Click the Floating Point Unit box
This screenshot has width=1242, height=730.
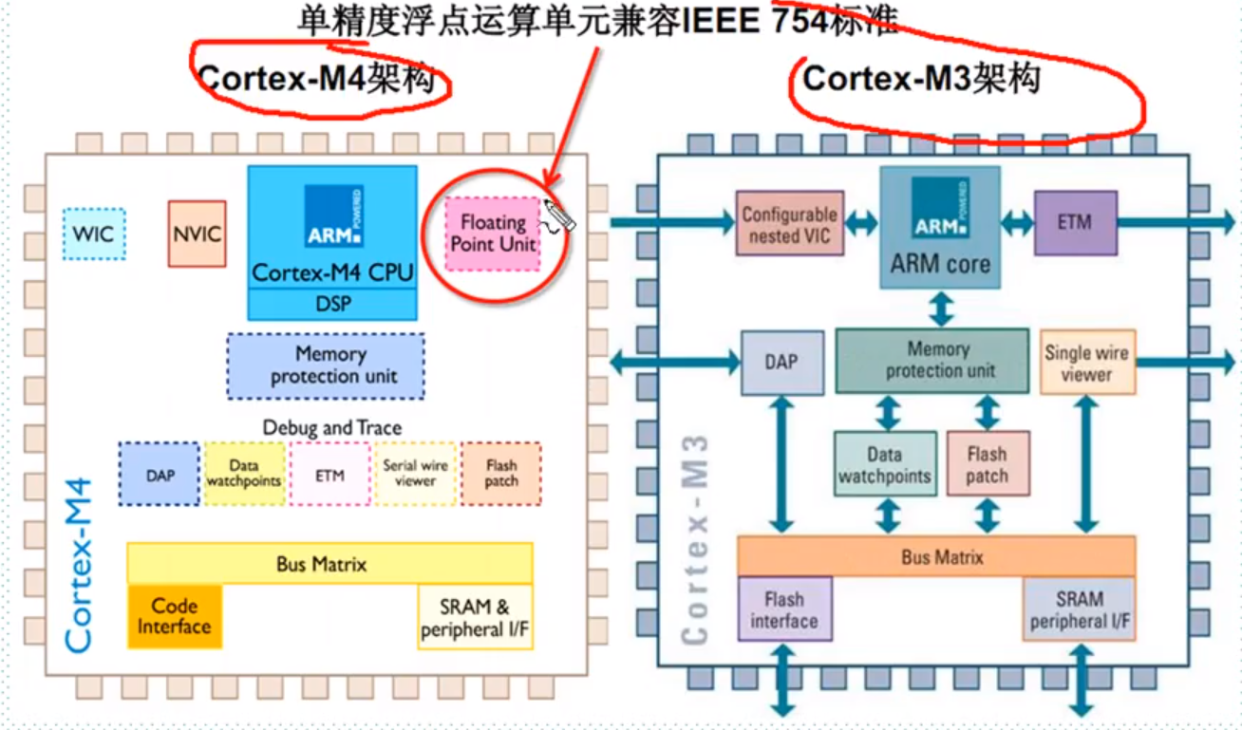[x=493, y=234]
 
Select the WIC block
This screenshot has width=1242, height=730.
[x=94, y=234]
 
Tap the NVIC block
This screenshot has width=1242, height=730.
[x=198, y=234]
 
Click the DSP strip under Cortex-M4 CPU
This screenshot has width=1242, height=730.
[x=332, y=304]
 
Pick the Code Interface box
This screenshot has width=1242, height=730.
[x=175, y=617]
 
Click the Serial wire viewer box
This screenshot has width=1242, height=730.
[x=416, y=473]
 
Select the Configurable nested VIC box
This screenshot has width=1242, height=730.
[x=789, y=224]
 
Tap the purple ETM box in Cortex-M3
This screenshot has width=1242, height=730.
[x=1075, y=223]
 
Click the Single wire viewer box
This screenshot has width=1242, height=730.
[x=1087, y=363]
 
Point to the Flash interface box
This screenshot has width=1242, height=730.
[x=784, y=609]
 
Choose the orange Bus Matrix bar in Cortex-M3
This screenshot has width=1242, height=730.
[x=936, y=556]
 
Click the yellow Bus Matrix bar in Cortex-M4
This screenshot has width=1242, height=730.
[x=329, y=564]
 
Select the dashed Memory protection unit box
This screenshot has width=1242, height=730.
[x=326, y=365]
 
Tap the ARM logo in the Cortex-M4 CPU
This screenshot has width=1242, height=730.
[x=333, y=215]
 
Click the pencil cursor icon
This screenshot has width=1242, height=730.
[x=559, y=216]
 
